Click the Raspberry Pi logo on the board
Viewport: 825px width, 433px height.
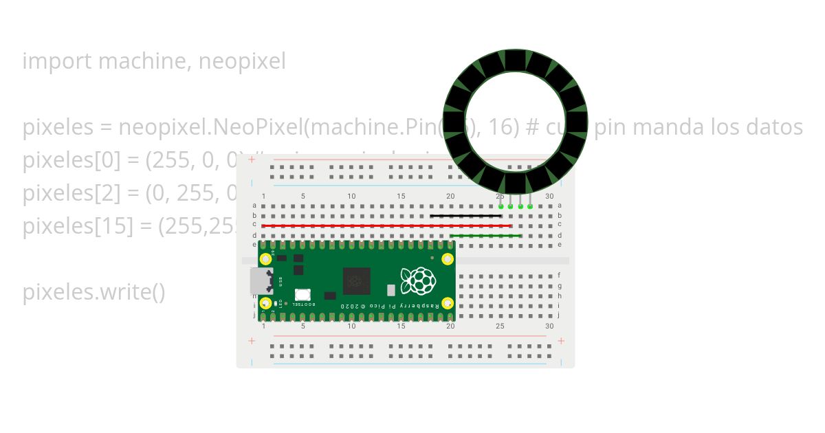pyautogui.click(x=419, y=280)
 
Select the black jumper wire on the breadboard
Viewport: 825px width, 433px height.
pyautogui.click(x=465, y=216)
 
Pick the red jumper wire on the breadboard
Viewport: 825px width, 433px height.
pyautogui.click(x=386, y=225)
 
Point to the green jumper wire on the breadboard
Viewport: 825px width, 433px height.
pyautogui.click(x=485, y=236)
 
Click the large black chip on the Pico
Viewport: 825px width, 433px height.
pyautogui.click(x=356, y=281)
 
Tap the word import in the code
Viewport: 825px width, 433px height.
pyautogui.click(x=58, y=62)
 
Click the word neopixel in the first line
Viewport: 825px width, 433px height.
pyautogui.click(x=241, y=62)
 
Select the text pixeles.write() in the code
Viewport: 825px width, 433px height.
pyautogui.click(x=93, y=292)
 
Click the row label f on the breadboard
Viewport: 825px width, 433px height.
pyautogui.click(x=560, y=275)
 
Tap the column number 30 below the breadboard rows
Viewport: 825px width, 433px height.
pyautogui.click(x=549, y=326)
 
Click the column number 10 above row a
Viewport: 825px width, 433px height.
pyautogui.click(x=351, y=196)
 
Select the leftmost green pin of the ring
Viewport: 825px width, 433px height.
pyautogui.click(x=501, y=206)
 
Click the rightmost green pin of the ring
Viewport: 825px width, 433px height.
pyautogui.click(x=530, y=206)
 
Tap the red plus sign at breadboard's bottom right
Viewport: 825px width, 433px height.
pyautogui.click(x=561, y=341)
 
